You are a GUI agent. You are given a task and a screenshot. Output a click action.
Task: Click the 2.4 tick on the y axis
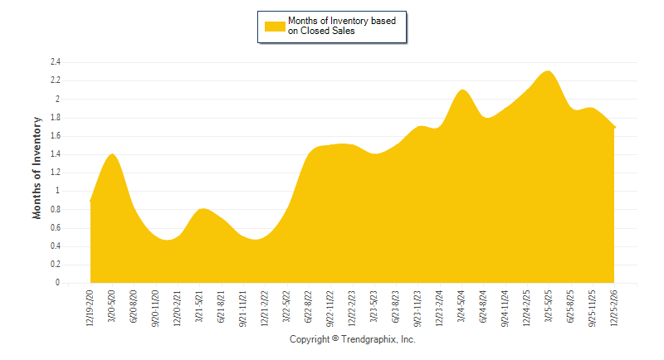(56, 62)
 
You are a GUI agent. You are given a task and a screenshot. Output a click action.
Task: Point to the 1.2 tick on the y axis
(56, 173)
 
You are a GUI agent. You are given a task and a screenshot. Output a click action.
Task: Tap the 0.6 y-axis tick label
(56, 228)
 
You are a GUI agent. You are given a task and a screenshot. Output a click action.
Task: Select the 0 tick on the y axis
(58, 283)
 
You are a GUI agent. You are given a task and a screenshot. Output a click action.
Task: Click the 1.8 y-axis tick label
(56, 118)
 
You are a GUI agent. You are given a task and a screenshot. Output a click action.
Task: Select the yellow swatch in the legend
(275, 26)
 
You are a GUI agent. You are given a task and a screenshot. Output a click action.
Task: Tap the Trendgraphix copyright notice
(352, 339)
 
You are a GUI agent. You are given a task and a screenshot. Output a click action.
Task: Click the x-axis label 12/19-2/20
(90, 307)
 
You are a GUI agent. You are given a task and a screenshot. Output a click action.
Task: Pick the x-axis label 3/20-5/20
(112, 307)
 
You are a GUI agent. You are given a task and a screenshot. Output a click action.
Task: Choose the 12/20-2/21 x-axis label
(178, 307)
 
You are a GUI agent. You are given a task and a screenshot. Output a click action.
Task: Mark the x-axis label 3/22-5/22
(286, 307)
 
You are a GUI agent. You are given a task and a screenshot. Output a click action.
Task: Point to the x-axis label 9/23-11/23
(417, 307)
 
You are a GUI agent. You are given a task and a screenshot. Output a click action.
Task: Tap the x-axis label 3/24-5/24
(461, 307)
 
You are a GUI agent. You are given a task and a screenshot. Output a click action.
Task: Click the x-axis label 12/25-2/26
(614, 307)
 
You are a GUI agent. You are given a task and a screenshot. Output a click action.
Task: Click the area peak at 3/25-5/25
(548, 71)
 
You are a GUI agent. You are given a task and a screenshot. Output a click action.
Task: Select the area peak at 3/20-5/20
(112, 154)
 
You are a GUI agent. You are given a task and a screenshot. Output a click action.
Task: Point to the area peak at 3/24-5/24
(461, 90)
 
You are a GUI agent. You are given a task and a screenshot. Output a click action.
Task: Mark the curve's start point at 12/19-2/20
(90, 200)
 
